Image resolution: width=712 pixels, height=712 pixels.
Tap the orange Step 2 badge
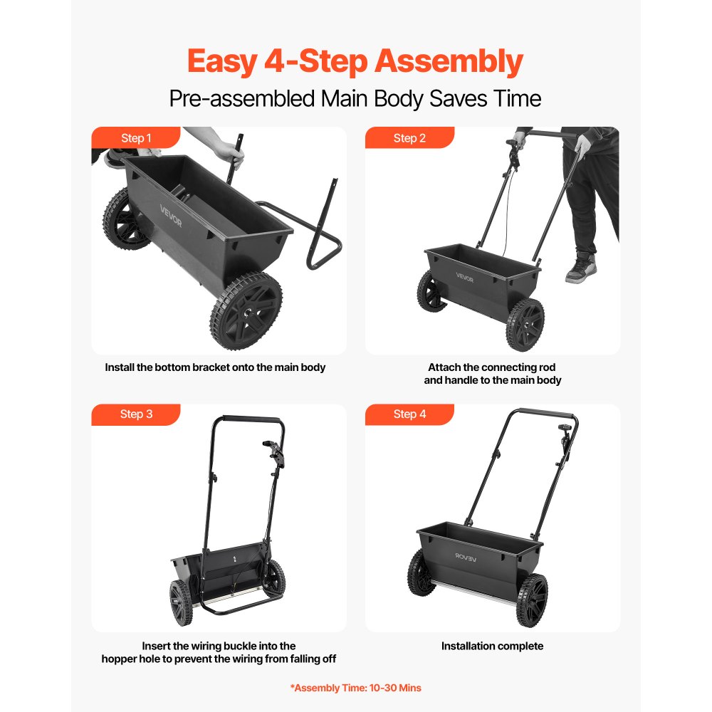409,138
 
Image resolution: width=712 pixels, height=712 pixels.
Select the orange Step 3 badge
135,414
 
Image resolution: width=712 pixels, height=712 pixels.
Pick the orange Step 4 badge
409,414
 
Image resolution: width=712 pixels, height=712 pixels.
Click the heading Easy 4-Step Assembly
355,62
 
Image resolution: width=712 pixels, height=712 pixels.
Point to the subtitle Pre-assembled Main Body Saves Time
355,98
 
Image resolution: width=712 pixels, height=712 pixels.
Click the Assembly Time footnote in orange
355,688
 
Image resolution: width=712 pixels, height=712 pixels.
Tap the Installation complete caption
492,646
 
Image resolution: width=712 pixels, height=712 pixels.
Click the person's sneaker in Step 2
581,268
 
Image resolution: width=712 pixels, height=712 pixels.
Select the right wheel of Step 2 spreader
526,324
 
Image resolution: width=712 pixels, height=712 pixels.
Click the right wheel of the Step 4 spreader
533,601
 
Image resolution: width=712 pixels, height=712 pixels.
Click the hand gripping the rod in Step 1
230,150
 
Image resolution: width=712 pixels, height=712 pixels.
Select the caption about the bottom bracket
215,368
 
